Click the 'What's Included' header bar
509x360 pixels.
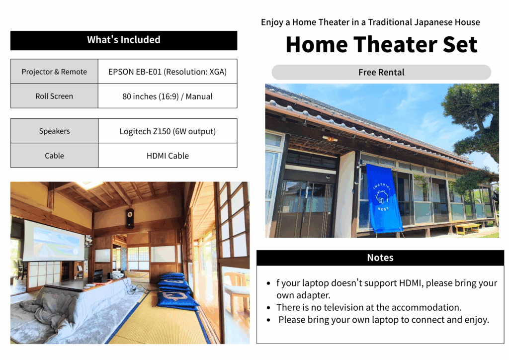[124, 40]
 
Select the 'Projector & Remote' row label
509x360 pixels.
[54, 72]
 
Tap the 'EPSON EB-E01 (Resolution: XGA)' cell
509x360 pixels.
[168, 72]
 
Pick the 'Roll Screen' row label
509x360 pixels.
[54, 96]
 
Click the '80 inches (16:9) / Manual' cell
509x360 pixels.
[168, 96]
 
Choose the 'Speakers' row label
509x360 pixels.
[54, 131]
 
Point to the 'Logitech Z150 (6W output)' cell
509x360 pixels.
[168, 131]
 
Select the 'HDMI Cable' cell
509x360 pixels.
[168, 156]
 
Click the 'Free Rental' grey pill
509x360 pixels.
[381, 72]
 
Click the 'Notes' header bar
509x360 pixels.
[380, 258]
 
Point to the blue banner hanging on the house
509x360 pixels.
[384, 198]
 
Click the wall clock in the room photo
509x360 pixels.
[130, 218]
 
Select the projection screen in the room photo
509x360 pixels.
[54, 241]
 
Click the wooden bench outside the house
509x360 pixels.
[467, 228]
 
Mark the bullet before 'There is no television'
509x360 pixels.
[268, 307]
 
